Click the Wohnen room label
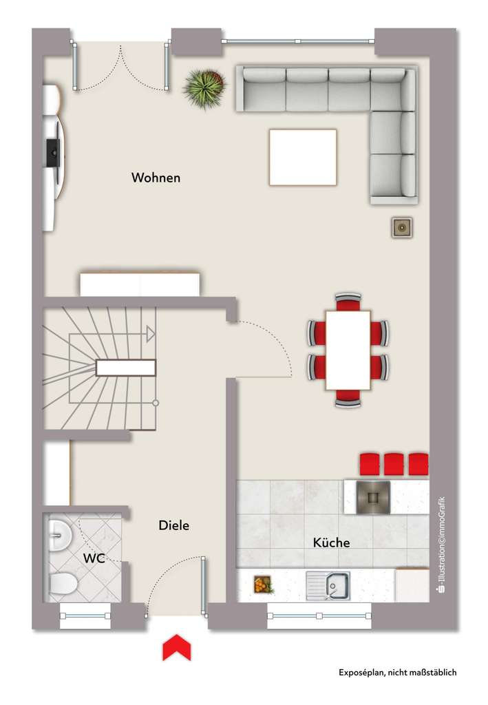point(156,178)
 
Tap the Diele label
point(173,525)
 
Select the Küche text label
point(331,543)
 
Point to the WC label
point(94,558)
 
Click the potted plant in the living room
point(204,86)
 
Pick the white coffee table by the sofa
point(303,157)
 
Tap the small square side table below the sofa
point(401,227)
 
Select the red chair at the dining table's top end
point(348,302)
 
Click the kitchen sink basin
point(335,587)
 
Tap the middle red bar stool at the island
point(394,464)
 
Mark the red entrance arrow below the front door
point(176,647)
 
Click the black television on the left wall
point(52,152)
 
